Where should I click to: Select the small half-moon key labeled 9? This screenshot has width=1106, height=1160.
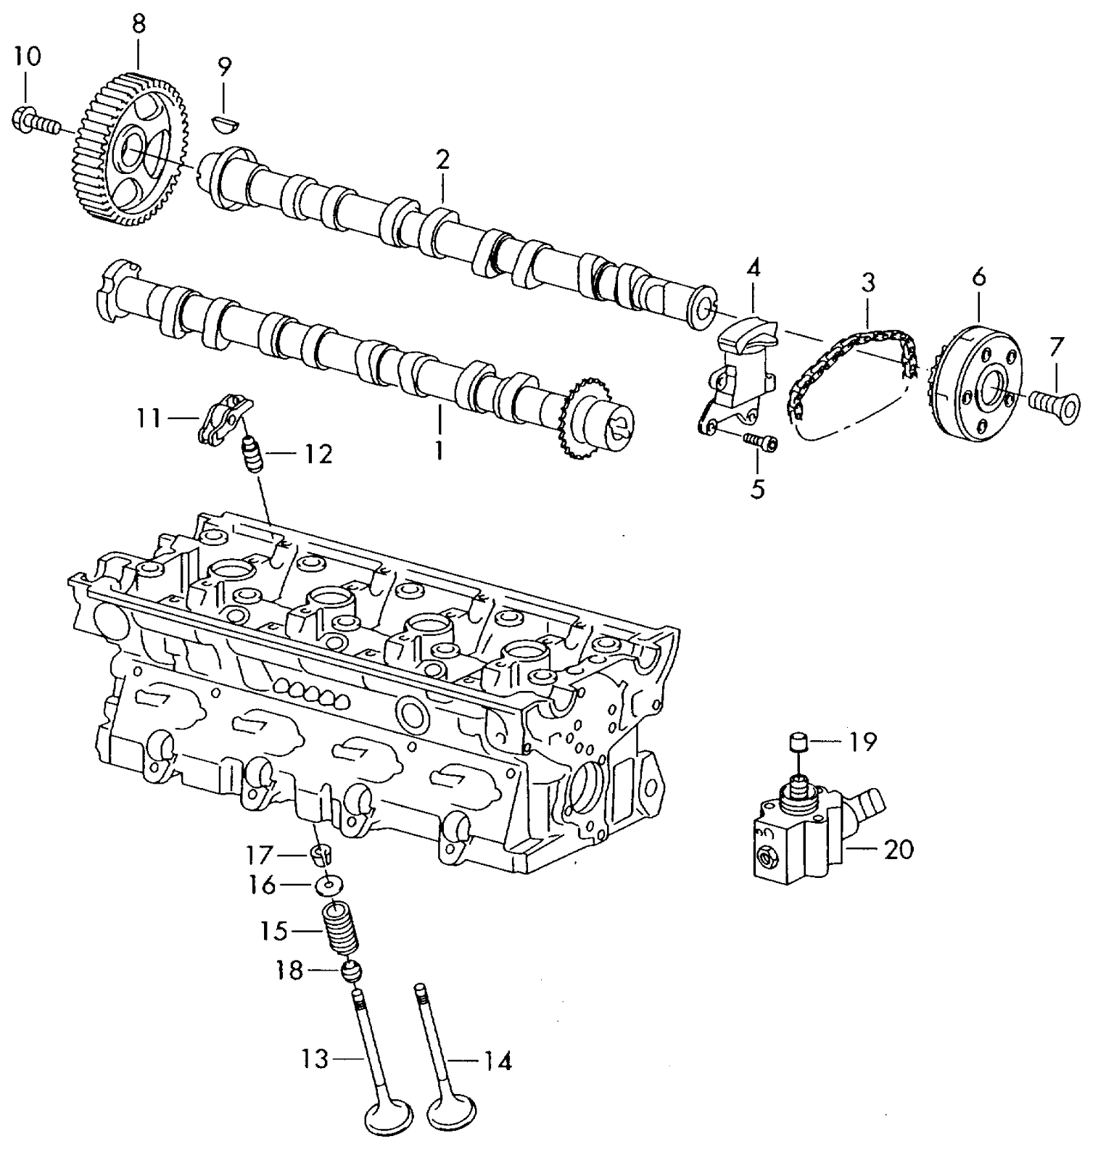(224, 123)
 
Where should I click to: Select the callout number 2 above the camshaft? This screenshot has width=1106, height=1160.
(442, 160)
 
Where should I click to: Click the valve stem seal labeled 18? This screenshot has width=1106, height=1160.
(351, 969)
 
